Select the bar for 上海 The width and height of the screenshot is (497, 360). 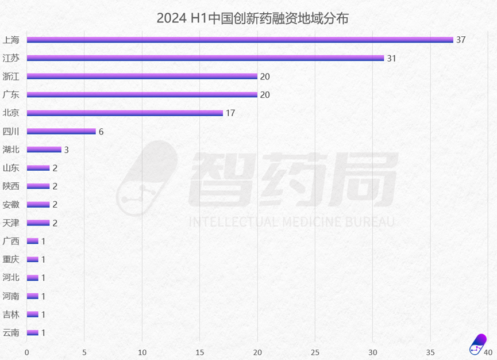pyautogui.click(x=240, y=40)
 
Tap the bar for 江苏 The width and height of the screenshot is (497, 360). pyautogui.click(x=205, y=58)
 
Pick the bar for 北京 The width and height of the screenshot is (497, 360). pyautogui.click(x=125, y=113)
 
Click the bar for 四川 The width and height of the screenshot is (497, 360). pyautogui.click(x=61, y=131)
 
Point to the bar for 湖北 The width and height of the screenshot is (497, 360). pyautogui.click(x=44, y=150)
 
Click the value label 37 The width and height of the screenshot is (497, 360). pyautogui.click(x=460, y=40)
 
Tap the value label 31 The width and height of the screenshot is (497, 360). pyautogui.click(x=391, y=58)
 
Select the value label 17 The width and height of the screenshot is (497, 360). pyautogui.click(x=230, y=113)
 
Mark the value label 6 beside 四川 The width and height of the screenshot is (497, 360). pyautogui.click(x=101, y=131)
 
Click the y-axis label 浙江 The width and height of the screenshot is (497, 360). pyautogui.click(x=11, y=76)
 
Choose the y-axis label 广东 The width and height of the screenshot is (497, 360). pyautogui.click(x=11, y=95)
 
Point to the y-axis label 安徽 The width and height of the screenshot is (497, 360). pyautogui.click(x=11, y=204)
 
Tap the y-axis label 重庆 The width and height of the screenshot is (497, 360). pyautogui.click(x=11, y=259)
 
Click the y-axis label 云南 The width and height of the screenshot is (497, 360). pyautogui.click(x=11, y=332)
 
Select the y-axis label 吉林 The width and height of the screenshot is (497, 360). pyautogui.click(x=11, y=314)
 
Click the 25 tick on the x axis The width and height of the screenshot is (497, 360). pyautogui.click(x=315, y=352)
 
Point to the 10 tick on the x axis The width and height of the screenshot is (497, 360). pyautogui.click(x=142, y=352)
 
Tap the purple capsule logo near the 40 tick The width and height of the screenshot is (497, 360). pyautogui.click(x=477, y=344)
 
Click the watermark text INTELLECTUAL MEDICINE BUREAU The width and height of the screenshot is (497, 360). pyautogui.click(x=292, y=222)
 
